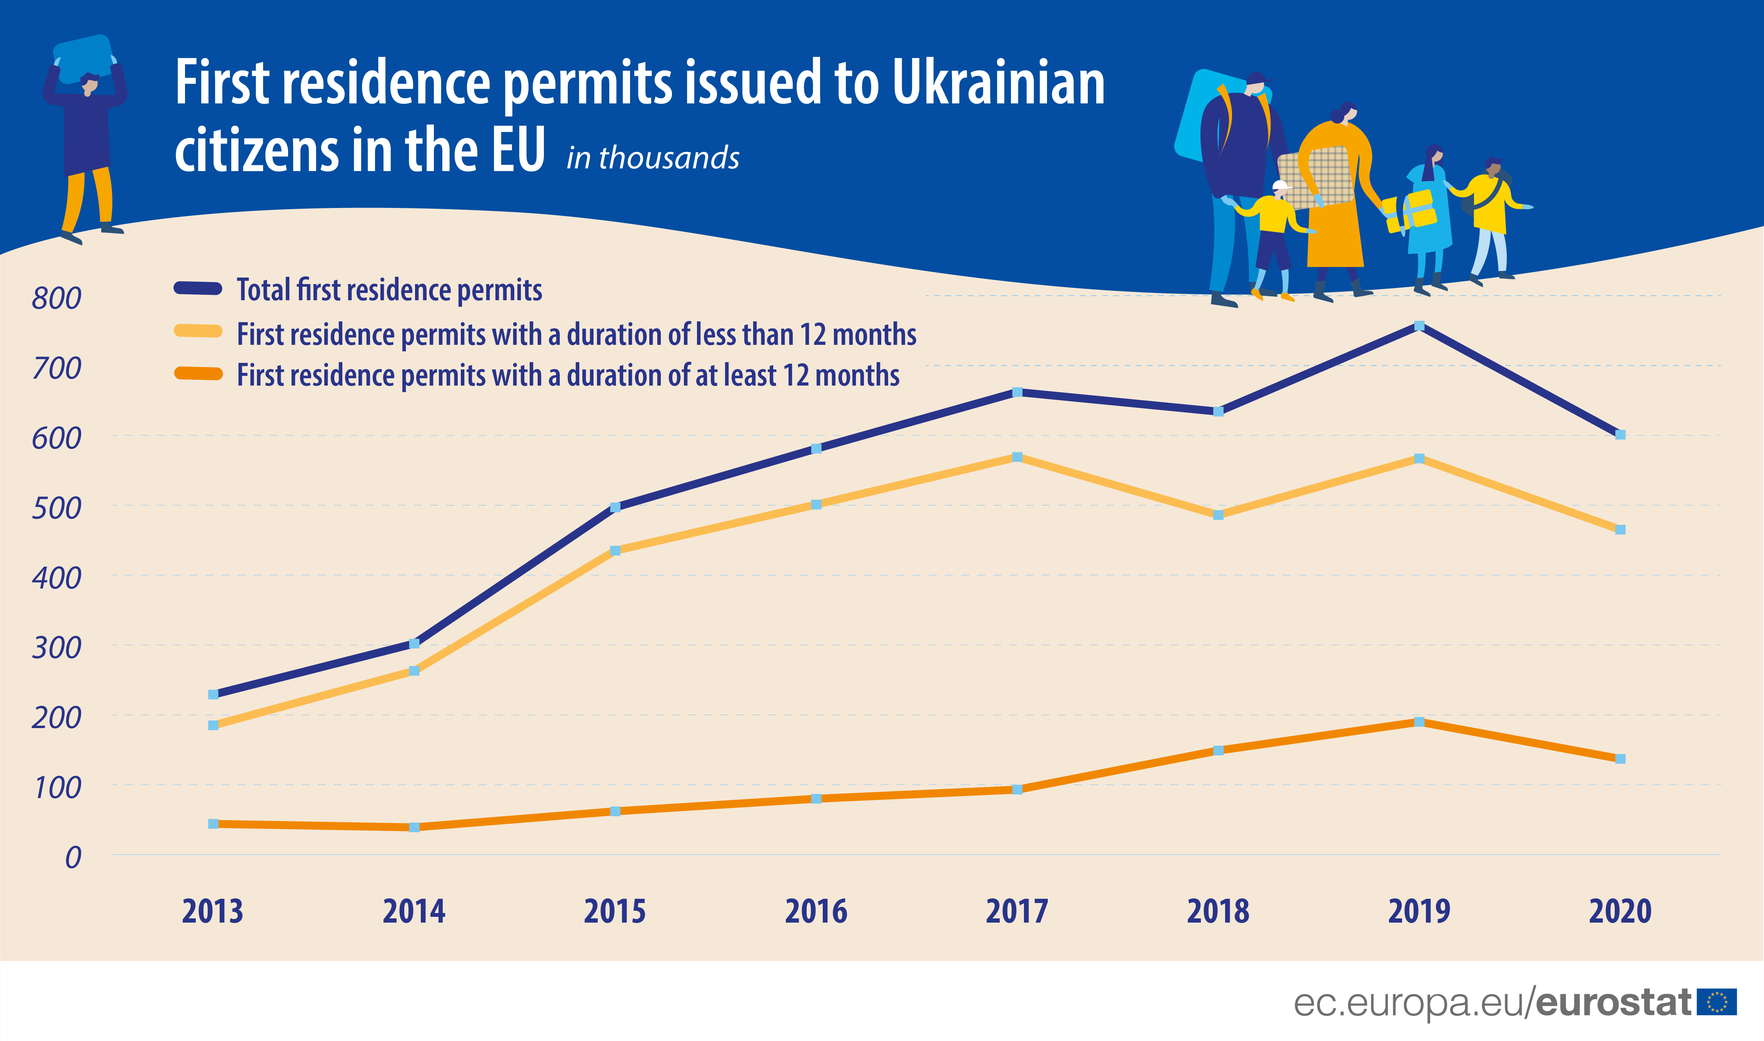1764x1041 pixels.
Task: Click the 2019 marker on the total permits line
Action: [x=1419, y=326]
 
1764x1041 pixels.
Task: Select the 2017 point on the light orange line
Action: [x=1017, y=457]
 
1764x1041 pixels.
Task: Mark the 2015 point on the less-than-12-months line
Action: [x=615, y=550]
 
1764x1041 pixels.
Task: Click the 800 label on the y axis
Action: [x=56, y=298]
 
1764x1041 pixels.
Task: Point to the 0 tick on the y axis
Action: [x=73, y=857]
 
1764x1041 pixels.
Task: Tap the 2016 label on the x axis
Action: [x=816, y=911]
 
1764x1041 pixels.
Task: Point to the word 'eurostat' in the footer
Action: [x=1614, y=1002]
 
